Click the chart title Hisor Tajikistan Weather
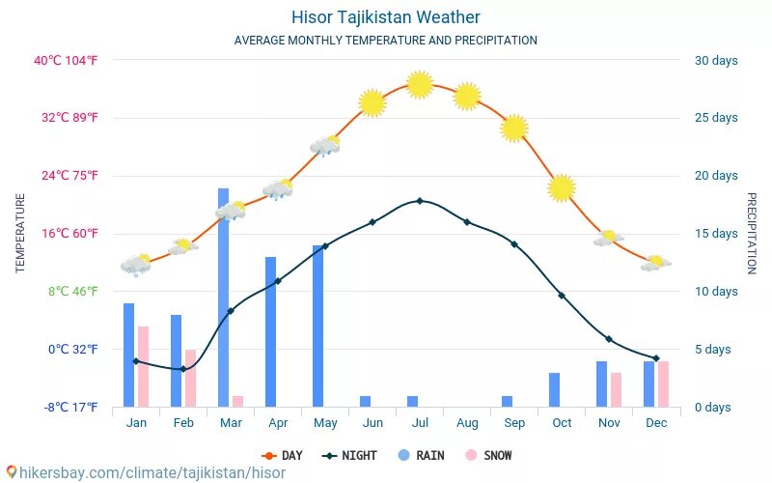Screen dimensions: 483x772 click(385, 17)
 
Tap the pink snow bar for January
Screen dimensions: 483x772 click(143, 366)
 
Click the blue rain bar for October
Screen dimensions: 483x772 click(554, 389)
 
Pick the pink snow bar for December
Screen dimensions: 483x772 click(663, 384)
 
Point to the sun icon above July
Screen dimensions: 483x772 click(419, 84)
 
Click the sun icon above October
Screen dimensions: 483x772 click(562, 187)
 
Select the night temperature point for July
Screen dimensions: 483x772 click(420, 201)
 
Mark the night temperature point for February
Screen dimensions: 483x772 click(183, 369)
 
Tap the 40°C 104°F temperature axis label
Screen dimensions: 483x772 click(79, 60)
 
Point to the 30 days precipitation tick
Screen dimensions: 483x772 click(716, 60)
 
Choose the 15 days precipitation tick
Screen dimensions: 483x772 click(716, 234)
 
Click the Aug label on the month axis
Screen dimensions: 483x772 click(467, 423)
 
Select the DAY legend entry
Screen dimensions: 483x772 click(282, 455)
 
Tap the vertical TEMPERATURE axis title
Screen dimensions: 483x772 click(20, 233)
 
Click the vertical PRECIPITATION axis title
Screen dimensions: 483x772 click(752, 233)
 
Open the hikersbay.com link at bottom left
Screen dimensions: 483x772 click(145, 472)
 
